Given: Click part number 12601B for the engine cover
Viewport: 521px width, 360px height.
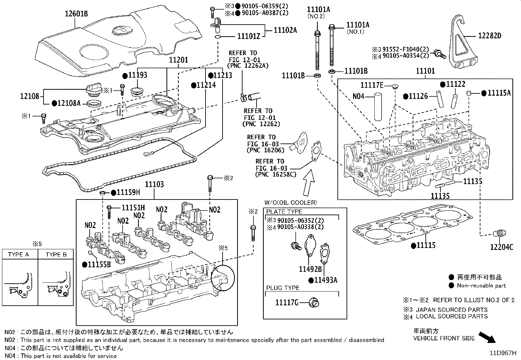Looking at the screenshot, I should (x=76, y=14).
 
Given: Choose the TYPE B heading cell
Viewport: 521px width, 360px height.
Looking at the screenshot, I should (x=56, y=255).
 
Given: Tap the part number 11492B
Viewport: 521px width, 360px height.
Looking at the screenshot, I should (x=310, y=269).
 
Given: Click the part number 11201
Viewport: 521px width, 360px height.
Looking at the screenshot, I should (x=179, y=60).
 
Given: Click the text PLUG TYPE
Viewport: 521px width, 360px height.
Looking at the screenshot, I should (x=282, y=288).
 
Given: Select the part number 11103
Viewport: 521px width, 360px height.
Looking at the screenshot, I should (x=154, y=185).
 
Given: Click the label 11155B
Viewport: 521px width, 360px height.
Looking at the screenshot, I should (x=99, y=264).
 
